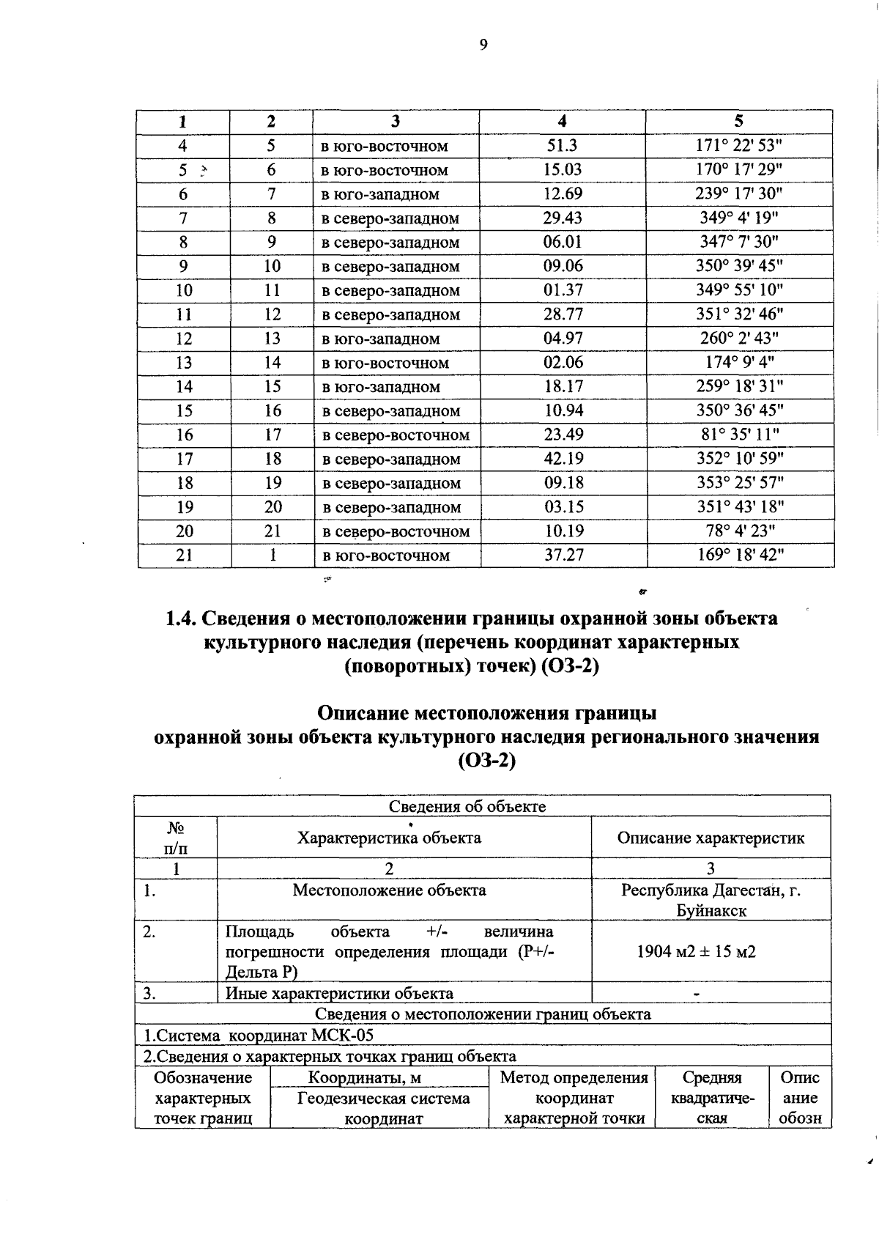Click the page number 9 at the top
tap(483, 45)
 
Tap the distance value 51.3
tap(562, 146)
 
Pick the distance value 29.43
tap(562, 218)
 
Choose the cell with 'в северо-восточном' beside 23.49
tap(396, 435)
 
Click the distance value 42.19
tap(563, 459)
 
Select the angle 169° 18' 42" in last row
tap(739, 555)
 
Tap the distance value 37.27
tap(563, 555)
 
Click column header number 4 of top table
tap(562, 122)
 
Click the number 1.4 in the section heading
tap(180, 619)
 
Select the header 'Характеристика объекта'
tap(389, 838)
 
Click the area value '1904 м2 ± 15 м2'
tap(696, 952)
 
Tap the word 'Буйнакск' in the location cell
tap(711, 911)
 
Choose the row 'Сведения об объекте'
tap(467, 806)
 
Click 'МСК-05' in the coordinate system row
tap(343, 1036)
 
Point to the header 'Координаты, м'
tap(364, 1077)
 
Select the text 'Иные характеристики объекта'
tap(339, 994)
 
